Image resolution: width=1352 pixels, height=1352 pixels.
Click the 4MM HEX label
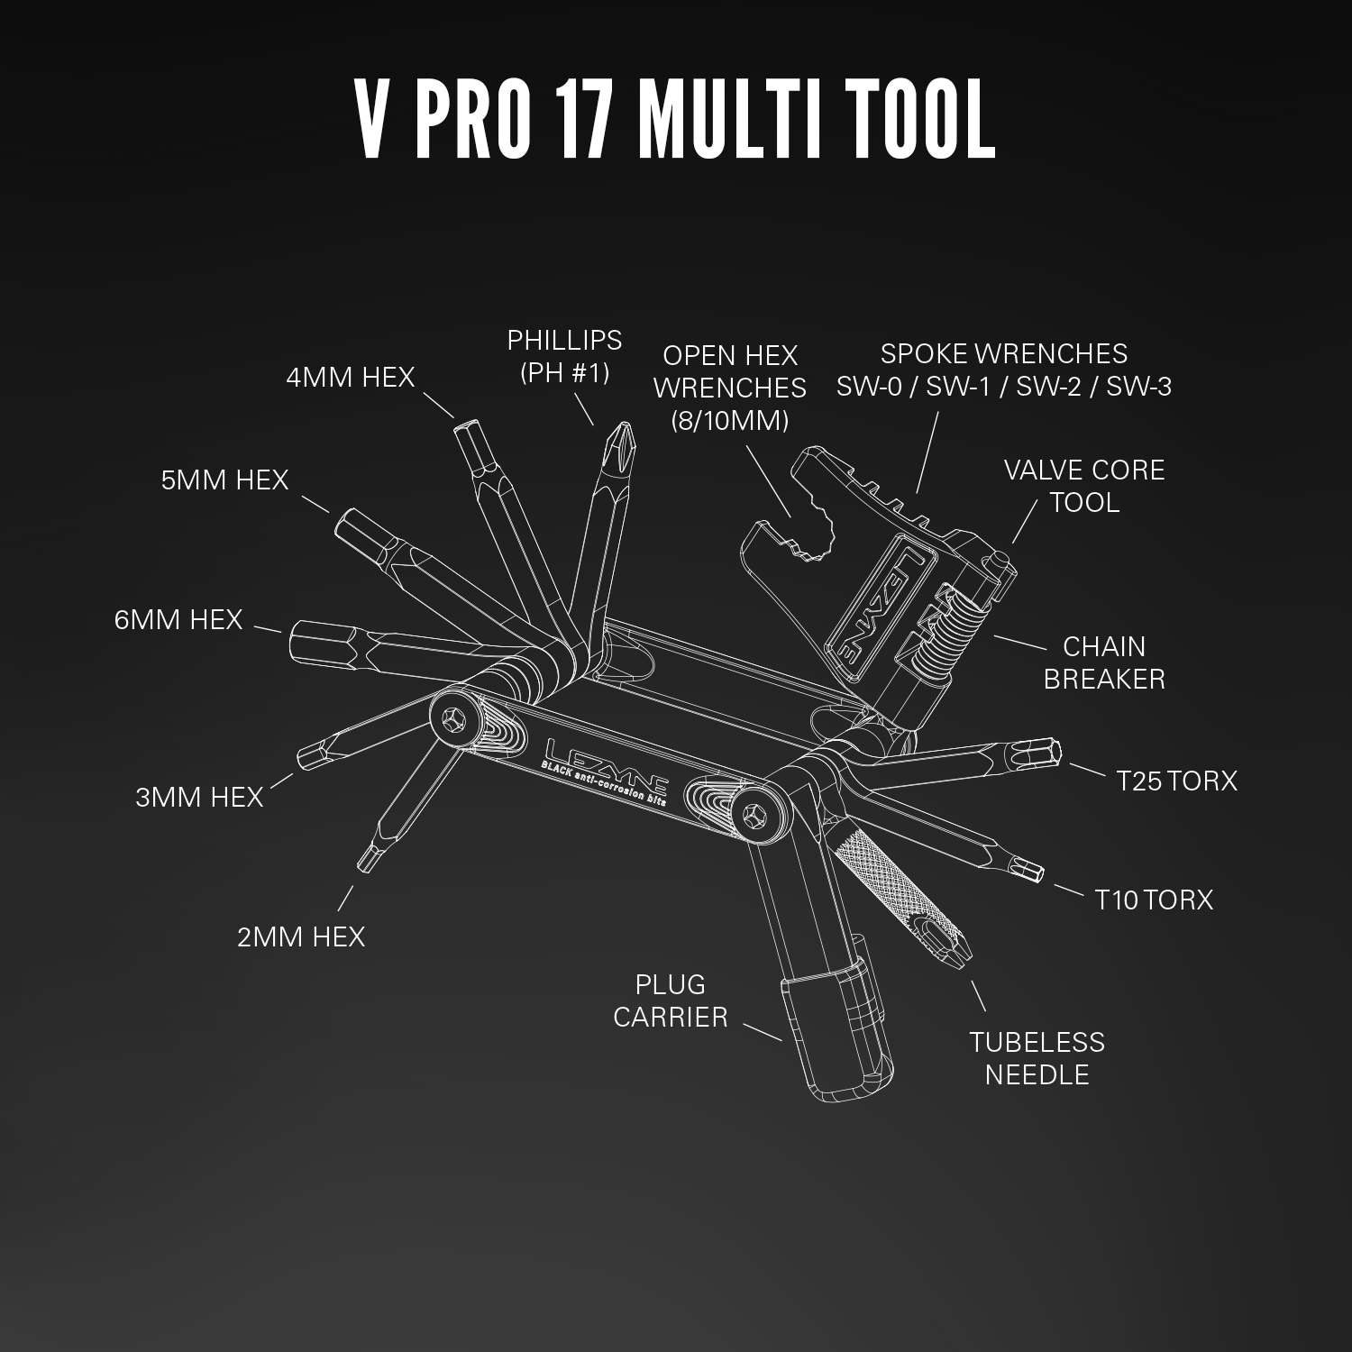(350, 377)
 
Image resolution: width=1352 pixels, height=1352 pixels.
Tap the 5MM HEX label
(224, 480)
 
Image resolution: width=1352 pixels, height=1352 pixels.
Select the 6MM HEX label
(178, 620)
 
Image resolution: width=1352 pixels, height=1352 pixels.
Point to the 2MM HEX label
(301, 937)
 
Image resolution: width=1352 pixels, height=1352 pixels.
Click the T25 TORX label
(1176, 781)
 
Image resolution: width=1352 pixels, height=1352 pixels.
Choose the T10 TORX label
(1154, 900)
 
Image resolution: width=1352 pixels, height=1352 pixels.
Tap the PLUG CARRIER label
(670, 1000)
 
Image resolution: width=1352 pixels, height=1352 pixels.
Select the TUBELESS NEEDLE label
(1037, 1058)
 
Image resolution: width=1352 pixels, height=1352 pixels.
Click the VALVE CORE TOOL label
(1084, 486)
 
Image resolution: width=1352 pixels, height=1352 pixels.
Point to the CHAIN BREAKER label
(1104, 662)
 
